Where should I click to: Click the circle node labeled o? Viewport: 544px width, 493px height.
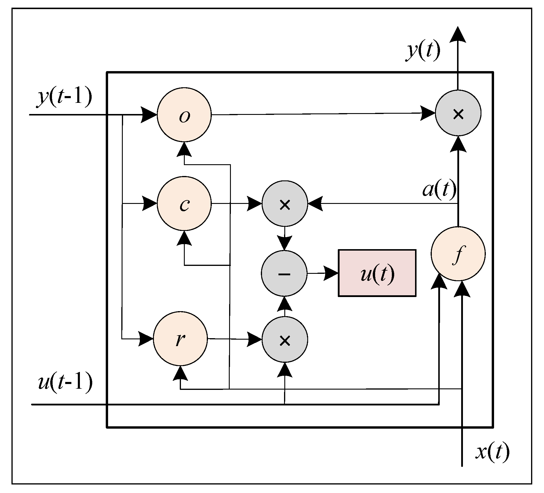184,115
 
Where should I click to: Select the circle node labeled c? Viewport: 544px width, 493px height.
184,203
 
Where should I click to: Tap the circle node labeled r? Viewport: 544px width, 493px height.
180,339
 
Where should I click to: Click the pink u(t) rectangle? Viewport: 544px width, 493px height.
377,273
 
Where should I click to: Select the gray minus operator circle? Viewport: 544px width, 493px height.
284,273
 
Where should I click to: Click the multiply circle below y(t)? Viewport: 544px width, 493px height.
458,113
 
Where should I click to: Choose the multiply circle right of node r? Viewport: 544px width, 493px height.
285,339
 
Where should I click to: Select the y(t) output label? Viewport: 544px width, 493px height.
423,51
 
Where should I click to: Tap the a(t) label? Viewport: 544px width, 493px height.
439,189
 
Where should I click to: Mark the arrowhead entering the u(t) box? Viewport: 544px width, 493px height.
331,274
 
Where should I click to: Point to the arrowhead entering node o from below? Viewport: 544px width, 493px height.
184,150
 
